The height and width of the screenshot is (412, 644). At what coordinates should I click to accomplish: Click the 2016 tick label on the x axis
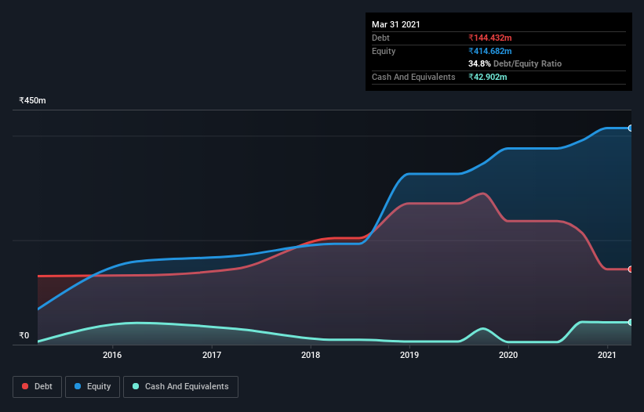pyautogui.click(x=112, y=355)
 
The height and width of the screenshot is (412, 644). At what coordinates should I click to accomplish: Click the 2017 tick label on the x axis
pyautogui.click(x=212, y=355)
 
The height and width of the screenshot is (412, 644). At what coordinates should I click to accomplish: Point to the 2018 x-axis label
pyautogui.click(x=311, y=355)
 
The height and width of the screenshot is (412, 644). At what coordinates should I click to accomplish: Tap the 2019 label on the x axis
pyautogui.click(x=409, y=355)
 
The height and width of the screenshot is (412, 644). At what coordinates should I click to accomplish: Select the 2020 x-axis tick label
pyautogui.click(x=508, y=355)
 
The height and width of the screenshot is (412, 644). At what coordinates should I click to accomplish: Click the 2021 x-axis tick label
pyautogui.click(x=607, y=355)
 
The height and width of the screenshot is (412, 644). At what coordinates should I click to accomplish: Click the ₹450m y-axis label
pyautogui.click(x=33, y=101)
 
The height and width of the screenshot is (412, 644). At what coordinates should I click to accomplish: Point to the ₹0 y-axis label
pyautogui.click(x=24, y=336)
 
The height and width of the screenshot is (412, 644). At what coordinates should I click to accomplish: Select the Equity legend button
pyautogui.click(x=93, y=386)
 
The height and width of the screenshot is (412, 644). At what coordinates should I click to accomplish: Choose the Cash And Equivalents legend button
pyautogui.click(x=180, y=386)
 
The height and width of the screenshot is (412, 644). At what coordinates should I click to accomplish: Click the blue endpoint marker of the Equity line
pyautogui.click(x=631, y=128)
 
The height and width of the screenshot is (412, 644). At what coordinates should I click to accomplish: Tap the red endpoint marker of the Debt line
pyautogui.click(x=631, y=269)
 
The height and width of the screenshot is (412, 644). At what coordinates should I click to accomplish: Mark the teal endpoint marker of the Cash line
pyautogui.click(x=631, y=322)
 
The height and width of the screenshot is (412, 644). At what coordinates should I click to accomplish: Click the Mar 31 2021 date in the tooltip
pyautogui.click(x=396, y=24)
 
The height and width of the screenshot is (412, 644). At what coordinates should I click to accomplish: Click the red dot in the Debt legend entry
pyautogui.click(x=25, y=386)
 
